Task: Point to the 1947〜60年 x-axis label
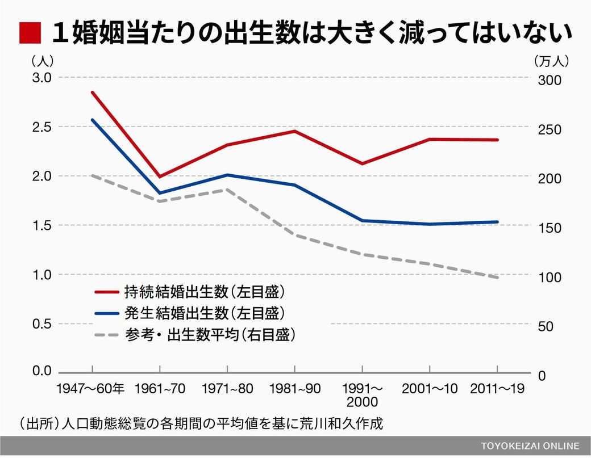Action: [x=90, y=389]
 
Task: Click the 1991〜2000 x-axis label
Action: [x=363, y=395]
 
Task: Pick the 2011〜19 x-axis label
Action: [x=497, y=389]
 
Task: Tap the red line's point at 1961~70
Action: [x=160, y=177]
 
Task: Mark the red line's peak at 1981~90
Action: [x=294, y=131]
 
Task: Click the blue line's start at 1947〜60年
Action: [x=92, y=120]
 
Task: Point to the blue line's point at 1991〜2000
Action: [x=362, y=220]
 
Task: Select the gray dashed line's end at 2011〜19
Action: [x=497, y=277]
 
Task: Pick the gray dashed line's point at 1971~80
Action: [x=227, y=190]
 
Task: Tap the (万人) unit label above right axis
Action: [x=551, y=59]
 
